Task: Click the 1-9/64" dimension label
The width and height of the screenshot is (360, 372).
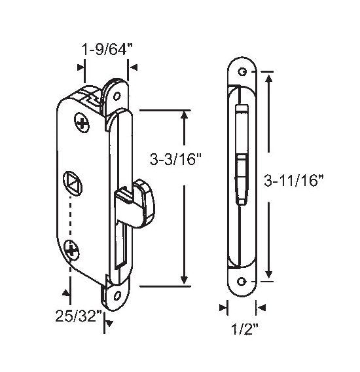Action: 106,50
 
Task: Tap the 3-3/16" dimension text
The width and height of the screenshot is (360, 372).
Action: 175,158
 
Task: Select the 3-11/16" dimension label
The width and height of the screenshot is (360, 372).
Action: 294,181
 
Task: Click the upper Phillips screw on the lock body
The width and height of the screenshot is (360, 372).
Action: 82,122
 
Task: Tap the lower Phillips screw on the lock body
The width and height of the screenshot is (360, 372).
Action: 71,251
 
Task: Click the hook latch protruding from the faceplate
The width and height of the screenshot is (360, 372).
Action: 135,203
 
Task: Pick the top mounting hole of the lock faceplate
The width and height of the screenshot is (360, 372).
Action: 117,96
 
